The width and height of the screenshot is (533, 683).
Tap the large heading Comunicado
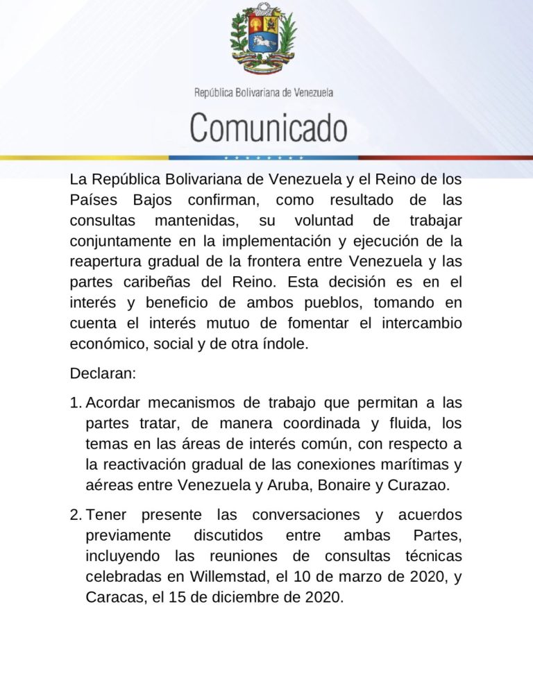[x=269, y=128]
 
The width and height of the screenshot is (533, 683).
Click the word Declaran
[x=103, y=373]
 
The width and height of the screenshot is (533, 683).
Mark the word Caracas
[x=112, y=596]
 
